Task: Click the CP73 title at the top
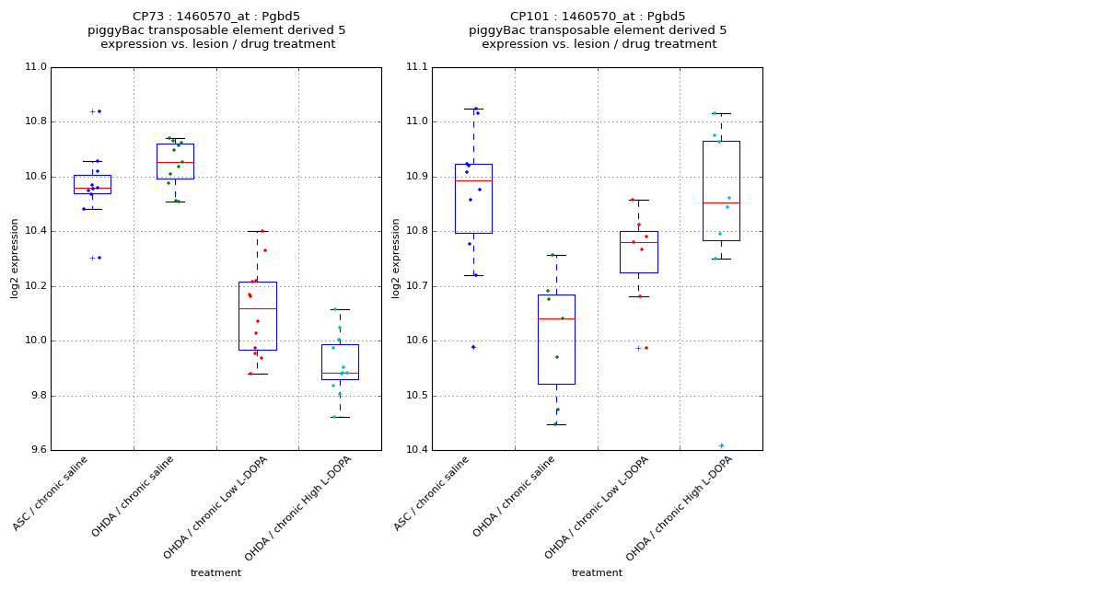216,17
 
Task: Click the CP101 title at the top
598,17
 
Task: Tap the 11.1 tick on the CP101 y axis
416,67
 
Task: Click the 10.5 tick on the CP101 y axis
416,396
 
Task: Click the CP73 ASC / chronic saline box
92,183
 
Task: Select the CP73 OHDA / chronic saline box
175,161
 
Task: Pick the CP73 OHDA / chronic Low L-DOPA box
257,316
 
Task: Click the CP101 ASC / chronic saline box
473,199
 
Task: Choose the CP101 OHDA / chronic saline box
556,339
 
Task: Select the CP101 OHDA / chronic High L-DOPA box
721,191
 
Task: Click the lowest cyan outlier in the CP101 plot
721,445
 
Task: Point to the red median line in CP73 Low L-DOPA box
257,308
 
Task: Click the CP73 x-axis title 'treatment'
215,572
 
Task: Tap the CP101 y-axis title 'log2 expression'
396,259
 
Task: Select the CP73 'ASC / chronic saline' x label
52,493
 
